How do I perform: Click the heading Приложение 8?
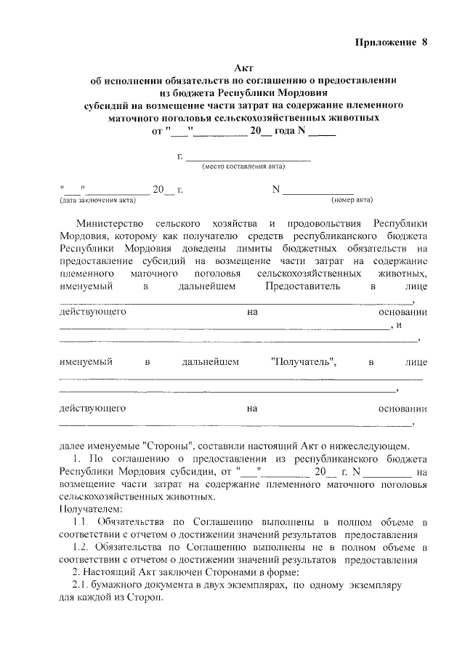[x=391, y=42]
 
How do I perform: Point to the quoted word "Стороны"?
[x=169, y=446]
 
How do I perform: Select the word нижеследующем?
[x=370, y=446]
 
